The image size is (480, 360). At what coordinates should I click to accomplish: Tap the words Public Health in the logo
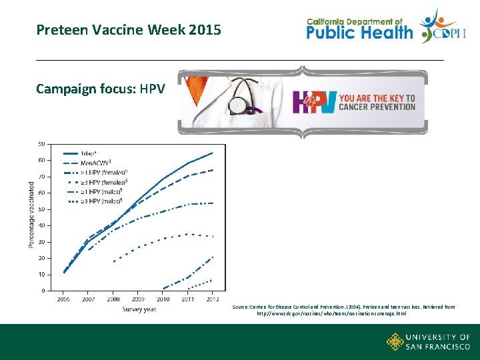coord(359,32)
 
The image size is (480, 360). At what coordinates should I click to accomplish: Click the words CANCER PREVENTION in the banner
coord(377,107)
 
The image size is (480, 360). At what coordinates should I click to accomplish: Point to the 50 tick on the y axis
coord(41,209)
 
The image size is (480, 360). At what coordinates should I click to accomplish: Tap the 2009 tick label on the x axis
coord(138,299)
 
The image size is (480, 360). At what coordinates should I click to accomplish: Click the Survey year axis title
coord(139,309)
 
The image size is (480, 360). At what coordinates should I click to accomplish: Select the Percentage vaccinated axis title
coord(31,215)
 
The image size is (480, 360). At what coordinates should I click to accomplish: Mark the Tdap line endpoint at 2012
coord(213,153)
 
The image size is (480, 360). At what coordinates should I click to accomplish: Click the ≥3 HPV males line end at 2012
coord(213,279)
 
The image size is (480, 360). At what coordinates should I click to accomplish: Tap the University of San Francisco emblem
coord(395,342)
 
